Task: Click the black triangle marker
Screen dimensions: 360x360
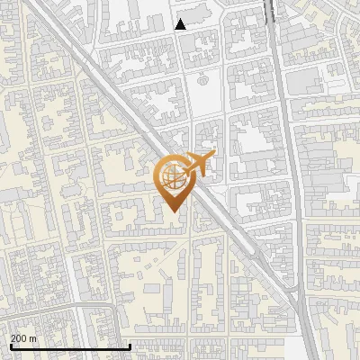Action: (181, 24)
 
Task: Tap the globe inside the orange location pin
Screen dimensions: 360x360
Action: (173, 176)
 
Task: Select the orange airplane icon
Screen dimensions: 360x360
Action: (198, 165)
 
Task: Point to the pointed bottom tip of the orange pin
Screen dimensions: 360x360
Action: (173, 211)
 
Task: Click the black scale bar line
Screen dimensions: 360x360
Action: (70, 346)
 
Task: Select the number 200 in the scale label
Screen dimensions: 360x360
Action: (19, 338)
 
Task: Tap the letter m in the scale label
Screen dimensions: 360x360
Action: (33, 338)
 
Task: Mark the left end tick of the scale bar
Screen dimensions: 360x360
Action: (10, 346)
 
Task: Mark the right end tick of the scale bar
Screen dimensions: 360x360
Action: (130, 346)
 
